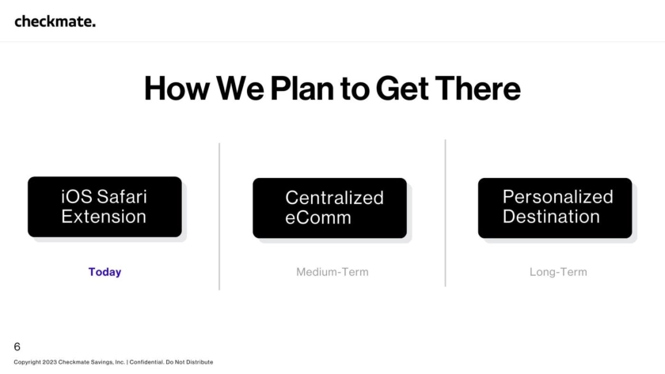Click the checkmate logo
(55, 21)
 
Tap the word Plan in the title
(302, 89)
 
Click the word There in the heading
(477, 89)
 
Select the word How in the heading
(177, 89)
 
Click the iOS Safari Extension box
(104, 206)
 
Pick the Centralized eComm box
(329, 208)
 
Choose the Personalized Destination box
(555, 208)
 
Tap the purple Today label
(104, 272)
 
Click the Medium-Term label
(332, 272)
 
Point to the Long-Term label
(558, 272)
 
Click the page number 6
(17, 347)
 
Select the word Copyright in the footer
(27, 362)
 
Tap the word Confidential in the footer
(146, 362)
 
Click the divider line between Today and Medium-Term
(219, 217)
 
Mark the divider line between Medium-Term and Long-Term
(445, 213)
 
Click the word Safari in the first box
(122, 197)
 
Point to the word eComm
(318, 217)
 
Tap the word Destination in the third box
(551, 217)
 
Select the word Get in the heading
(401, 89)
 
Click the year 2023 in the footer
(49, 362)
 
